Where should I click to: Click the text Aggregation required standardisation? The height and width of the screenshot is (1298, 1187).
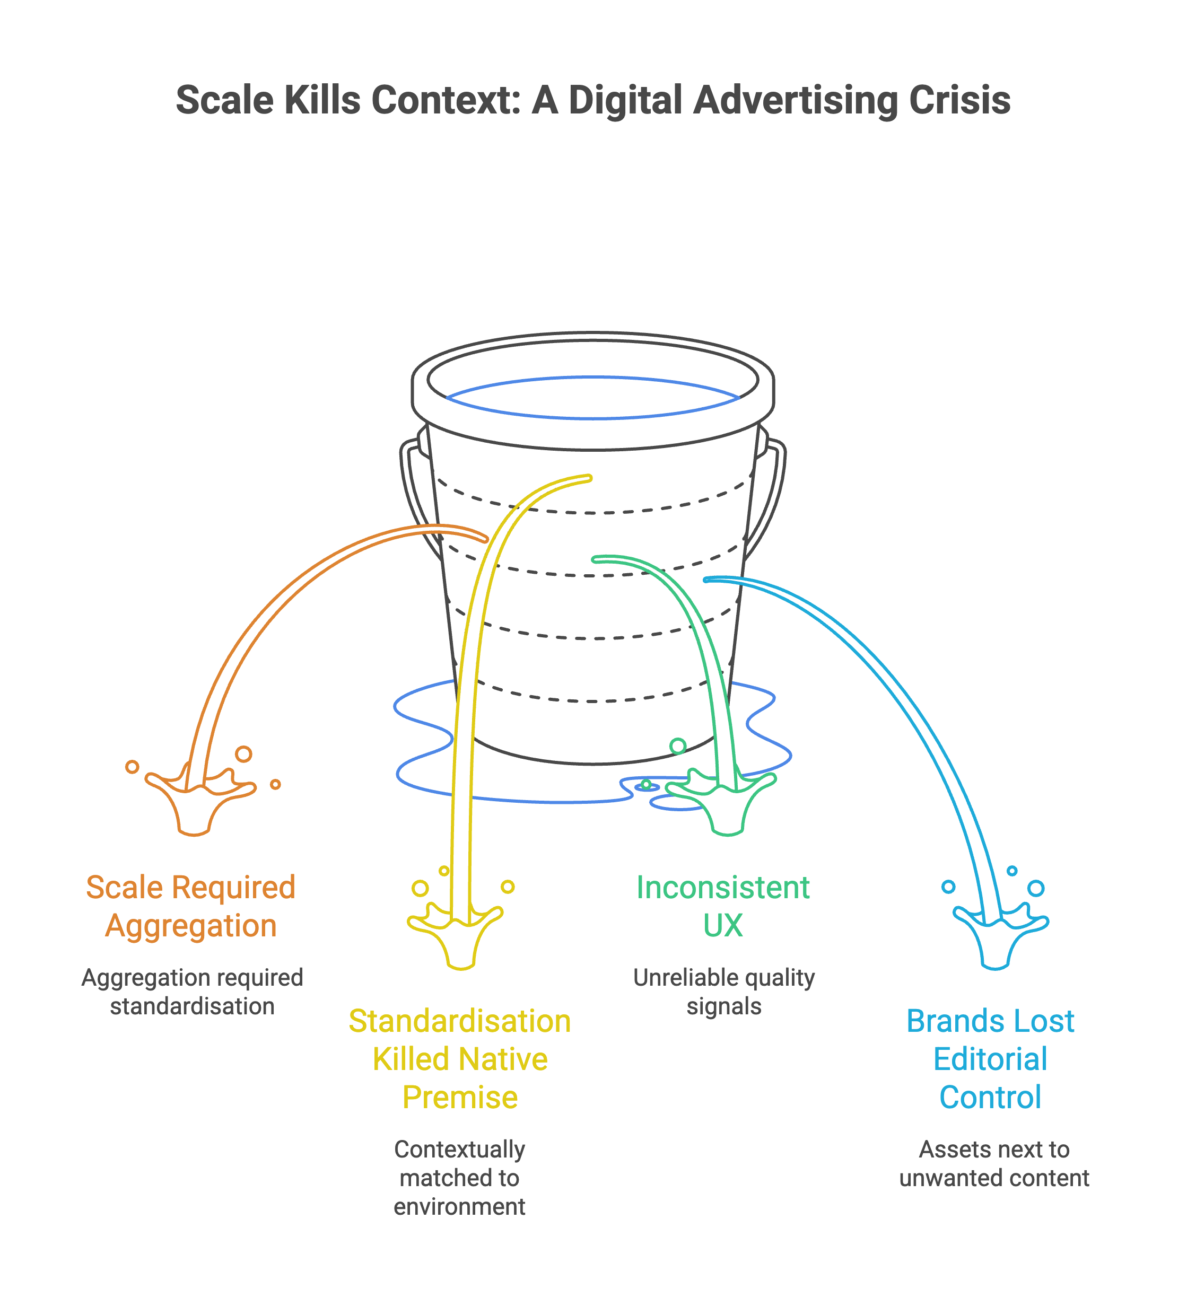tap(192, 992)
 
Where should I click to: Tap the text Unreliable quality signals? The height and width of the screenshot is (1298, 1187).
tap(723, 992)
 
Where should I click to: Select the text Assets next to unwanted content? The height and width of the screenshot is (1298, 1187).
tap(994, 1163)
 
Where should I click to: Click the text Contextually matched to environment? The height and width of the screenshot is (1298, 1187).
tap(460, 1178)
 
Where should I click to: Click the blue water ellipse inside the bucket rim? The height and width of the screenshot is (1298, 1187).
tap(592, 397)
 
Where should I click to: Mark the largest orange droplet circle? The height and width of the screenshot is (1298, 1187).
tap(243, 753)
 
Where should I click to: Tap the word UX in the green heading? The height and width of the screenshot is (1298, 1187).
tap(722, 925)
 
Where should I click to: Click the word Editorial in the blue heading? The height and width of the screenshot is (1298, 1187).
tap(990, 1059)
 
